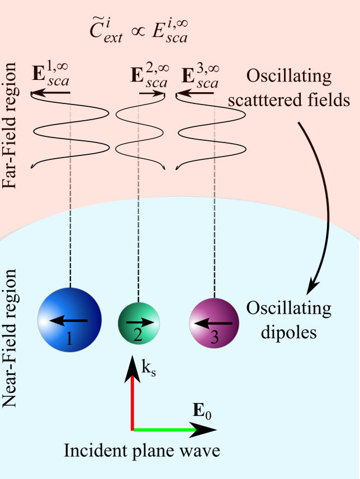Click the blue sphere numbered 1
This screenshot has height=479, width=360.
coord(69,320)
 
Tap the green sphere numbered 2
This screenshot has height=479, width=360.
coord(139,323)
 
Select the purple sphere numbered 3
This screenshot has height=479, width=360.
coord(214,323)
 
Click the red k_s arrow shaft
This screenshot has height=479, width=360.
coord(132,402)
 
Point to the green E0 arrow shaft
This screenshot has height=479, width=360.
coord(165,430)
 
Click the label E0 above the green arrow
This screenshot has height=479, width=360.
coord(202,411)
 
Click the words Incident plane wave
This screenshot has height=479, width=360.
coord(142,450)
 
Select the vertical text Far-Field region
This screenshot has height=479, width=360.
coord(9,126)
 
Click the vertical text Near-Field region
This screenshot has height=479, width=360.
coord(9,339)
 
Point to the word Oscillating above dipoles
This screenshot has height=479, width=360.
coord(289,308)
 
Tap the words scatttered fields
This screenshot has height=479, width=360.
coord(289,99)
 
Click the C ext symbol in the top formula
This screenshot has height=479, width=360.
coord(106,32)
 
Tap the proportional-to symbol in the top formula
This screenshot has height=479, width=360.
coord(138,32)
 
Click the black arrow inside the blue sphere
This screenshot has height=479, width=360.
coord(68,320)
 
